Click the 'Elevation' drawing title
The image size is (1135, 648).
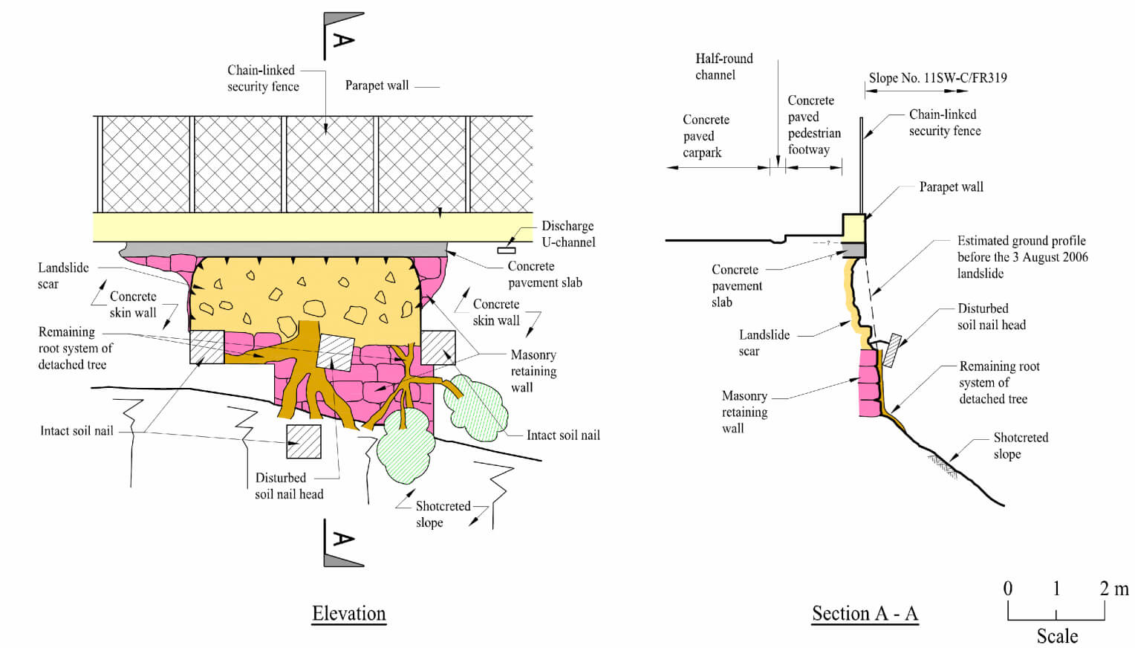pos(348,614)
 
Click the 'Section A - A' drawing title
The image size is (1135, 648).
pos(865,614)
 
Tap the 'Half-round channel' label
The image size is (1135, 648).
pos(723,66)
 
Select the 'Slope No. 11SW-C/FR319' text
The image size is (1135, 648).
pos(937,77)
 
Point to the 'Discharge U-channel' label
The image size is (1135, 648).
pos(567,233)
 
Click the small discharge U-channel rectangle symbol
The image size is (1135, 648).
pos(506,250)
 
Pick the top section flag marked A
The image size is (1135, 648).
pos(342,34)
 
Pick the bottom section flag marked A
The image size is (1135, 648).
pos(342,543)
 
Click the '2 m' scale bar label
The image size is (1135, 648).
pos(1113,589)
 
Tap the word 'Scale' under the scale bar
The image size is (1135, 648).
pos(1056,636)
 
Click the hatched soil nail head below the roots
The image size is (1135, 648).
pos(304,441)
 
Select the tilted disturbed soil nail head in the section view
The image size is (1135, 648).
pos(892,350)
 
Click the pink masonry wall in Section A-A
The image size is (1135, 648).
pos(868,383)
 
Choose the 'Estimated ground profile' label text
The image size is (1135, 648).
pos(1021,256)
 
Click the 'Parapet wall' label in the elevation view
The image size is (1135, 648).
pos(377,85)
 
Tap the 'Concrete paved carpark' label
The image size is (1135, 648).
pos(705,136)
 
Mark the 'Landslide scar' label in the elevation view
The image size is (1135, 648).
pos(63,275)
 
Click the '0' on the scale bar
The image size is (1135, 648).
pos(1007,589)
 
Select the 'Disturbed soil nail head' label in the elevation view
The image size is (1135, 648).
pos(289,486)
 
